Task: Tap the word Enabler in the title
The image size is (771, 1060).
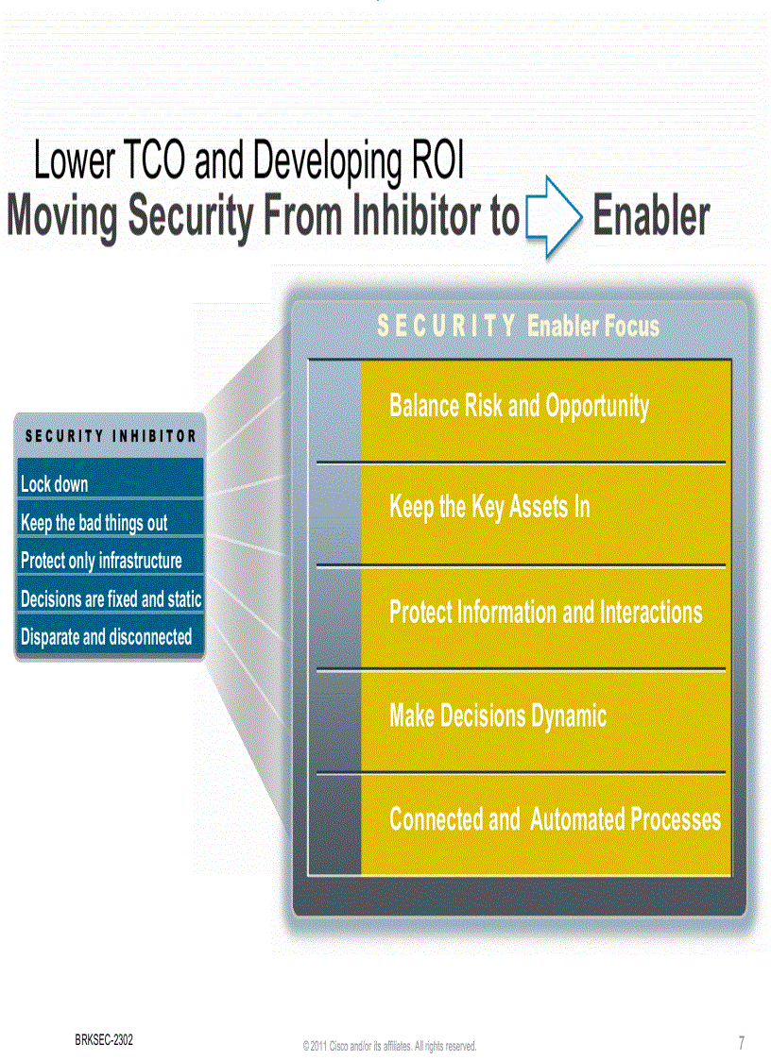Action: (651, 217)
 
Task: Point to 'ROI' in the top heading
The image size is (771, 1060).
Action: (438, 162)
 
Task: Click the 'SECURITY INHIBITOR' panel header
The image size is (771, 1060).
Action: (111, 436)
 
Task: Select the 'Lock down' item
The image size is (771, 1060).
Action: (55, 484)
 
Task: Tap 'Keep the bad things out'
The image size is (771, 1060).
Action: (94, 523)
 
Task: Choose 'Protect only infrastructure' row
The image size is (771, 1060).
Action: (101, 561)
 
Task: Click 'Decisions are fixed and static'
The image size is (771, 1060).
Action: (111, 599)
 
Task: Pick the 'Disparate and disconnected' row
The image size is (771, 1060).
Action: (106, 637)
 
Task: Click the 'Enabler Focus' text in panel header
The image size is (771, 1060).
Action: (593, 327)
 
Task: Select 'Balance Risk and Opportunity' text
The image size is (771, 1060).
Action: (519, 406)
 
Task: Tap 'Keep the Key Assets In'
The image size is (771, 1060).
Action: (489, 508)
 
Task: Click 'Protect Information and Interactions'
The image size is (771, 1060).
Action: (545, 612)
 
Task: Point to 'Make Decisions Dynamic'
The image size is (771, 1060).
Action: (498, 715)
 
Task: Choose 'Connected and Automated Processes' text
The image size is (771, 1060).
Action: (555, 819)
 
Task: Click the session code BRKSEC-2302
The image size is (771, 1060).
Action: (104, 1039)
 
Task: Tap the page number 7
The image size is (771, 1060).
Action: (741, 1043)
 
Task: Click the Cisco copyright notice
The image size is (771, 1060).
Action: (389, 1046)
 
